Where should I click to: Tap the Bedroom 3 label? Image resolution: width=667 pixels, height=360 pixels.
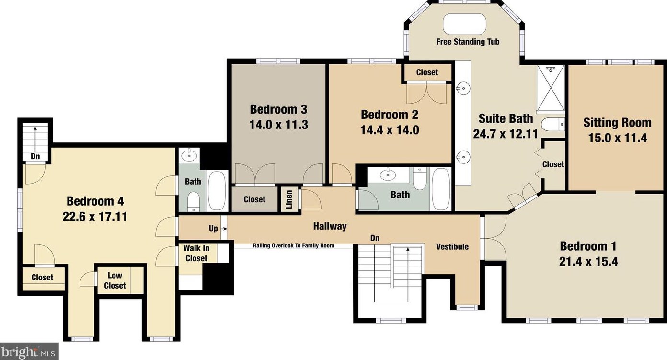pyautogui.click(x=278, y=109)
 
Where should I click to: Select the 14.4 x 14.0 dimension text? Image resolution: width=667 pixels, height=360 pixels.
pyautogui.click(x=390, y=130)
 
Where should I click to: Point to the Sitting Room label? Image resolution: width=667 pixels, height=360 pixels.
pyautogui.click(x=617, y=123)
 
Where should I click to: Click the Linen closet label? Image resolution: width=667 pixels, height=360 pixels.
pyautogui.click(x=289, y=199)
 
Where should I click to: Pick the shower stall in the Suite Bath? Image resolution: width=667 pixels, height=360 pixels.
pyautogui.click(x=551, y=89)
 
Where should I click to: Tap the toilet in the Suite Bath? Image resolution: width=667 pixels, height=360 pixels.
pyautogui.click(x=553, y=125)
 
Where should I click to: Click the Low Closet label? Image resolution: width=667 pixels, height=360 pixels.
pyautogui.click(x=115, y=280)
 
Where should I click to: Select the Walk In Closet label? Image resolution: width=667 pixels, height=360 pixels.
pyautogui.click(x=196, y=253)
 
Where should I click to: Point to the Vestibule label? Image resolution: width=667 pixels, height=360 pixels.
pyautogui.click(x=452, y=246)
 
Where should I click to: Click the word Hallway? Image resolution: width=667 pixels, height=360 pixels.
pyautogui.click(x=330, y=226)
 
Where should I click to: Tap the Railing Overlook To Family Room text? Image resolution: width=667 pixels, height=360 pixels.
pyautogui.click(x=294, y=245)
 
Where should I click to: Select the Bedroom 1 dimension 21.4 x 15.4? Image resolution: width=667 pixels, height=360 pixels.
pyautogui.click(x=588, y=262)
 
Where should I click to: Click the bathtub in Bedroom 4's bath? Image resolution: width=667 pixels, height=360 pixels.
pyautogui.click(x=217, y=191)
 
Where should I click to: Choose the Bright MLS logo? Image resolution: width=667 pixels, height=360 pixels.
pyautogui.click(x=29, y=352)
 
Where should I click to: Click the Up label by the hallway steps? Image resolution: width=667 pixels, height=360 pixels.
pyautogui.click(x=213, y=228)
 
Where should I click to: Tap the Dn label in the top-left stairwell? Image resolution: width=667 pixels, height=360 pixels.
pyautogui.click(x=35, y=156)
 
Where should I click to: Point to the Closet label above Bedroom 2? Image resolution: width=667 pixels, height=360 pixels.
pyautogui.click(x=427, y=72)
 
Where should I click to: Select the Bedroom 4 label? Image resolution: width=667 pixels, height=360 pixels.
pyautogui.click(x=95, y=201)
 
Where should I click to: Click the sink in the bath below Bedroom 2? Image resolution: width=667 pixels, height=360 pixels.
pyautogui.click(x=388, y=174)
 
